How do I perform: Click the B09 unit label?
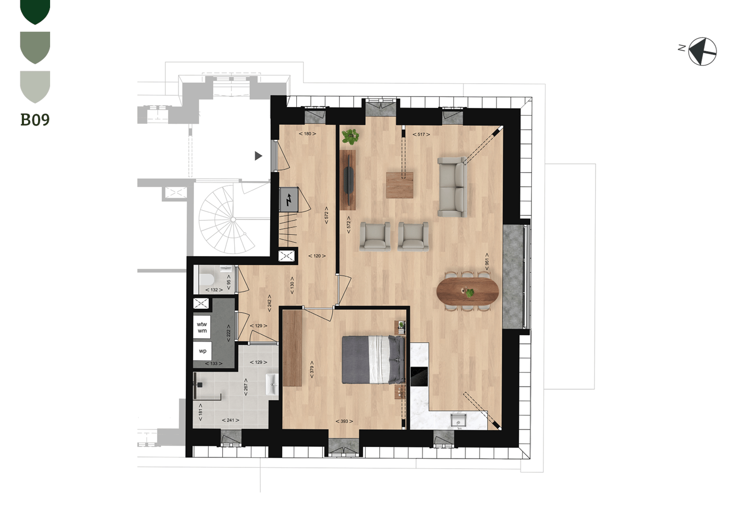(35, 119)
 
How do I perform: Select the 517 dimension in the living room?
(421, 135)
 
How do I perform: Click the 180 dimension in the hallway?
(308, 134)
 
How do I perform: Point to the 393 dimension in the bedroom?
(344, 421)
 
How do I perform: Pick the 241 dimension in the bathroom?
(231, 420)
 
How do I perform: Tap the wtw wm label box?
(202, 328)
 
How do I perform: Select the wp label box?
(202, 352)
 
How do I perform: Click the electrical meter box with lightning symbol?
(289, 199)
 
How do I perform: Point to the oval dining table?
(467, 291)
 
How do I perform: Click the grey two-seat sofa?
(453, 187)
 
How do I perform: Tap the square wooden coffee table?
(399, 185)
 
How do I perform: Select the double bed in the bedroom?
(373, 360)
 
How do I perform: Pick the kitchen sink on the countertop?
(458, 421)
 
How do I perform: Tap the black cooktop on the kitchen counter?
(419, 377)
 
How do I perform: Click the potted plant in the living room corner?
(350, 137)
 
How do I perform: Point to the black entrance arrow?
(258, 156)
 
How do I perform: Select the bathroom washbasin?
(272, 384)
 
